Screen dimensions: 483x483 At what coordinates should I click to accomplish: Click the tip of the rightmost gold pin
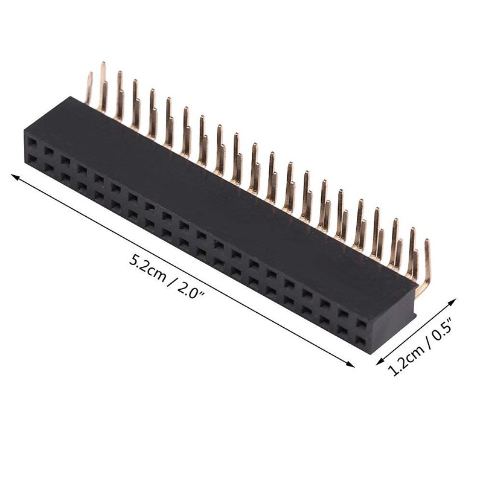point(427,242)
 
